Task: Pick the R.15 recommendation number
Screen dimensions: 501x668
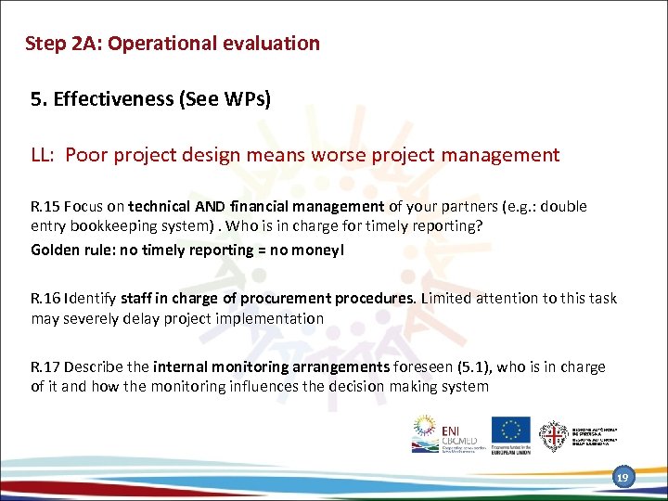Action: pos(46,206)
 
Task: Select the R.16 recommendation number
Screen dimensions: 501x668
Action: pos(46,298)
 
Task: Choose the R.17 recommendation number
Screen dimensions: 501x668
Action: pos(46,366)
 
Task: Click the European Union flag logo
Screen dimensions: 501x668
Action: pos(510,430)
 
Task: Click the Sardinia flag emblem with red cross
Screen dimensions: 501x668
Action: pos(555,434)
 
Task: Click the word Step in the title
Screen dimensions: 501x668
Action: pos(44,44)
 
